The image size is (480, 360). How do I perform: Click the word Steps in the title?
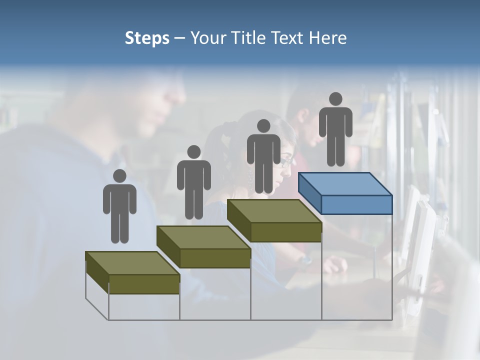(147, 38)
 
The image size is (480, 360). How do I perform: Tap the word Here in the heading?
(327, 38)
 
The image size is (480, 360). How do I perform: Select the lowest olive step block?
(133, 273)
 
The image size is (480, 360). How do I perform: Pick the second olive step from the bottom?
(204, 247)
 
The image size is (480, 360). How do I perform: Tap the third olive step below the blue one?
(274, 221)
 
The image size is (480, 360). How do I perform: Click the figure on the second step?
(193, 185)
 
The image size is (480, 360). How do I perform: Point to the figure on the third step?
(263, 159)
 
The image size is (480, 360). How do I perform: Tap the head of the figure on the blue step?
(335, 99)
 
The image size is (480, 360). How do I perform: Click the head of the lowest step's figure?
(119, 176)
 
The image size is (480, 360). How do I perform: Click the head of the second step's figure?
(193, 152)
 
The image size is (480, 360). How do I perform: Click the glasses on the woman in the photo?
(286, 161)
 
